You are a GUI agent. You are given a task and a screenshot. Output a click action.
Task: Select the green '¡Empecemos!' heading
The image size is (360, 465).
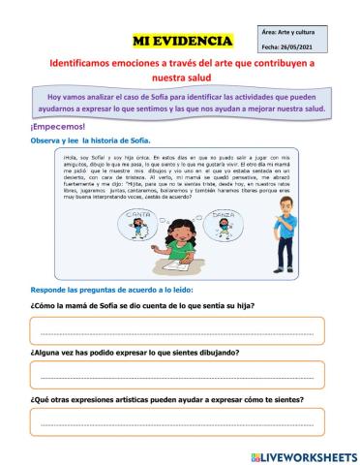[58, 127]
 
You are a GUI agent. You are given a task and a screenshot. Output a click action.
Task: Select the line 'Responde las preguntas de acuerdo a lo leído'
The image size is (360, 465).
[112, 290]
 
